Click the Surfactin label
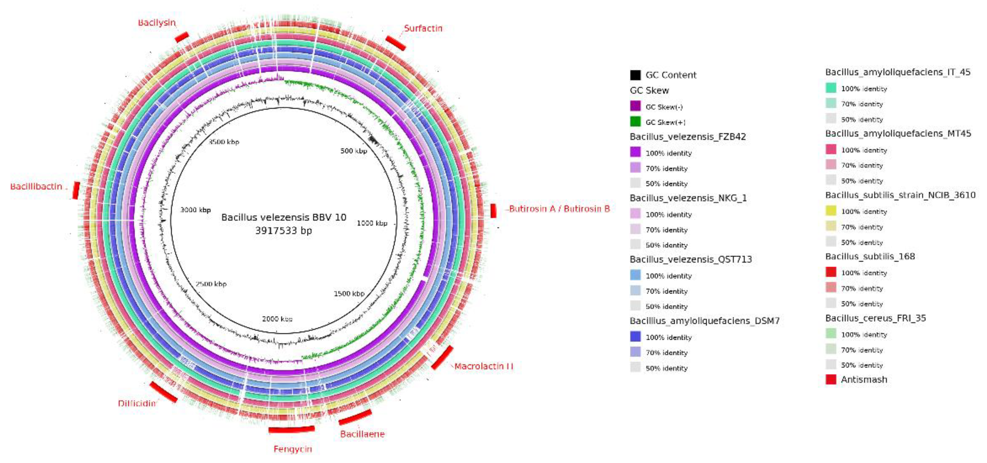point(423,28)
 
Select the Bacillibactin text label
point(36,187)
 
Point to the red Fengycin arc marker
point(291,429)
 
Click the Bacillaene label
point(362,434)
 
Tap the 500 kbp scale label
point(354,151)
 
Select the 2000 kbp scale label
point(277,319)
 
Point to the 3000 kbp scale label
point(195,210)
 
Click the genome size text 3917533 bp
point(283,230)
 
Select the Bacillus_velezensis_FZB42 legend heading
point(688,137)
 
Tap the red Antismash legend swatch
point(831,380)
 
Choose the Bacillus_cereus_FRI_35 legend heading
point(876,318)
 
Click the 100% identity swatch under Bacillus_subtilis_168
point(831,272)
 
